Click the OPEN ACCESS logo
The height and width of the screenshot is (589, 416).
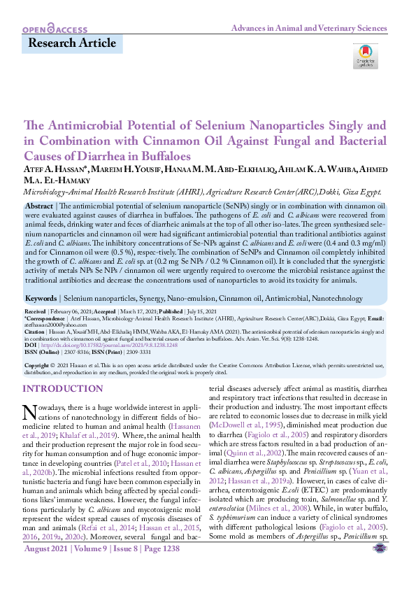point(55,30)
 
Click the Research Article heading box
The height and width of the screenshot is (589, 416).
point(73,44)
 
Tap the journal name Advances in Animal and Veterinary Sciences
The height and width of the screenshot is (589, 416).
point(308,29)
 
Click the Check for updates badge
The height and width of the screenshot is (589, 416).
point(367,55)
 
